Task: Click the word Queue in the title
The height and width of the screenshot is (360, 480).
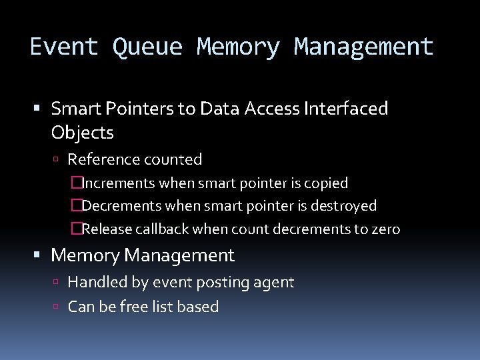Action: pyautogui.click(x=147, y=47)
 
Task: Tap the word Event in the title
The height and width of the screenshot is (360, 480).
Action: pyautogui.click(x=64, y=47)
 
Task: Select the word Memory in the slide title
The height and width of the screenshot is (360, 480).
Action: pyautogui.click(x=239, y=47)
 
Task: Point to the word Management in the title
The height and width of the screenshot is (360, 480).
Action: pyautogui.click(x=364, y=47)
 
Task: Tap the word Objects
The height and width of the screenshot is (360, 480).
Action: pyautogui.click(x=82, y=133)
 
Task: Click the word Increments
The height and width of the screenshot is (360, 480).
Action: pyautogui.click(x=117, y=183)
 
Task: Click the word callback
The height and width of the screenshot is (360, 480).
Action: pyautogui.click(x=162, y=229)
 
